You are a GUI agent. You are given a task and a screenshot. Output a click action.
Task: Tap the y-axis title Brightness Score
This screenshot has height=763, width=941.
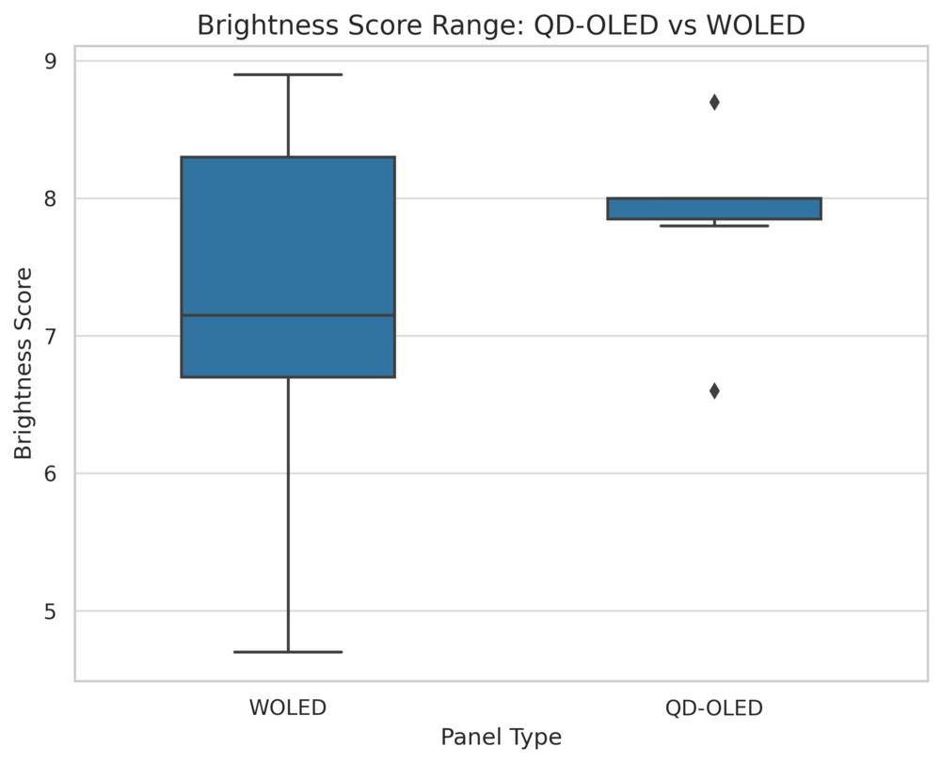[x=24, y=363]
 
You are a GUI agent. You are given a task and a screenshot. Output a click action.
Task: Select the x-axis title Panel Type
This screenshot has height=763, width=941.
[x=501, y=738]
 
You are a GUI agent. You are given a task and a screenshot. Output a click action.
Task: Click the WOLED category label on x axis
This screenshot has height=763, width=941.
[x=288, y=707]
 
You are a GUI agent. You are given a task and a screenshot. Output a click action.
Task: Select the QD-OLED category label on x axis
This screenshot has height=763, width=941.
[x=714, y=707]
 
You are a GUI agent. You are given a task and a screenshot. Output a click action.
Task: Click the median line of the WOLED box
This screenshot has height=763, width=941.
[x=288, y=315]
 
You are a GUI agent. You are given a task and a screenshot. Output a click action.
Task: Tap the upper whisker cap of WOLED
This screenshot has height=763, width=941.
[x=288, y=74]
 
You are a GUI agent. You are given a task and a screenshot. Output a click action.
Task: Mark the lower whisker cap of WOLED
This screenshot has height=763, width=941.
[x=288, y=651]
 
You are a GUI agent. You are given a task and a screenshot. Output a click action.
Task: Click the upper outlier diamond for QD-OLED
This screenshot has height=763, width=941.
[x=714, y=102]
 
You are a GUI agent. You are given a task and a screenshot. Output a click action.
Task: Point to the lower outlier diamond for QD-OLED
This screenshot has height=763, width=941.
[x=714, y=390]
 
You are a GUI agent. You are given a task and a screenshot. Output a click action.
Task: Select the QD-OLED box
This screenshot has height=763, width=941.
[x=714, y=208]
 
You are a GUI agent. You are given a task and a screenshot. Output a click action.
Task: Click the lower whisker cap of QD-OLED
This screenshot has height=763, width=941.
[x=714, y=226]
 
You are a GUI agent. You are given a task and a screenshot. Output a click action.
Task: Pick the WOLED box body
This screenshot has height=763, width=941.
[x=288, y=235]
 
